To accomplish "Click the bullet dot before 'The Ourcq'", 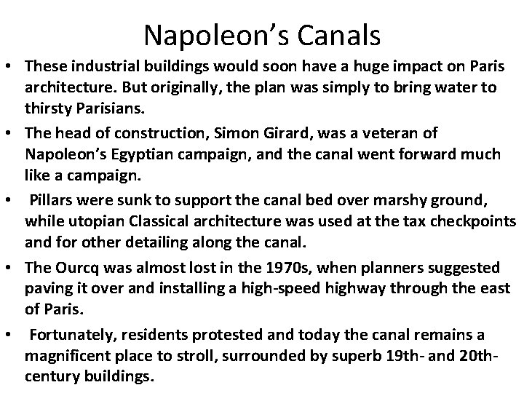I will [12, 269].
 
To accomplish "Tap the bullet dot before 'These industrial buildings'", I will [12, 67].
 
